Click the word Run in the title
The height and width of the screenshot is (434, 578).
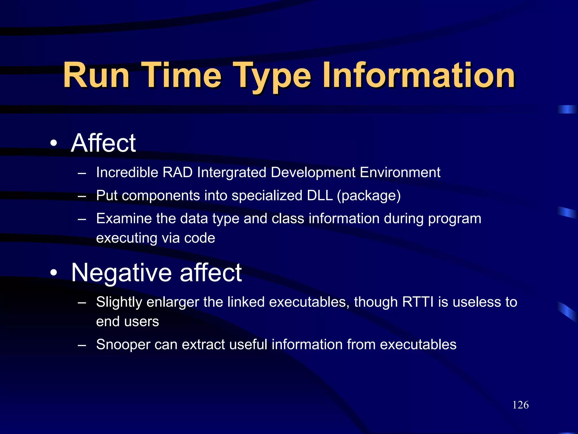click(96, 75)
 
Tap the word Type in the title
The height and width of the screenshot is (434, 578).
click(272, 75)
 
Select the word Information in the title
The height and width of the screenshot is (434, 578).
click(419, 75)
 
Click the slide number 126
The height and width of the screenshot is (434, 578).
click(520, 405)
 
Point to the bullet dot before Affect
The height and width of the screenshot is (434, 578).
click(54, 143)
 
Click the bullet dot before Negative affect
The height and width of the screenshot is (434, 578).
click(54, 273)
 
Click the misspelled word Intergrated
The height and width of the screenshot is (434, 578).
click(231, 172)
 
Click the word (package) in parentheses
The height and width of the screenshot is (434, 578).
click(369, 196)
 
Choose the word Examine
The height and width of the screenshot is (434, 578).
click(124, 218)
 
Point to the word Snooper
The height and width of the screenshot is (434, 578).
click(123, 344)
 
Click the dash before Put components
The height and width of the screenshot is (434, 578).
click(82, 196)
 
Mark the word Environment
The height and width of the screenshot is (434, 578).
click(400, 172)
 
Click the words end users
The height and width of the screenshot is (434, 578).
click(128, 322)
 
